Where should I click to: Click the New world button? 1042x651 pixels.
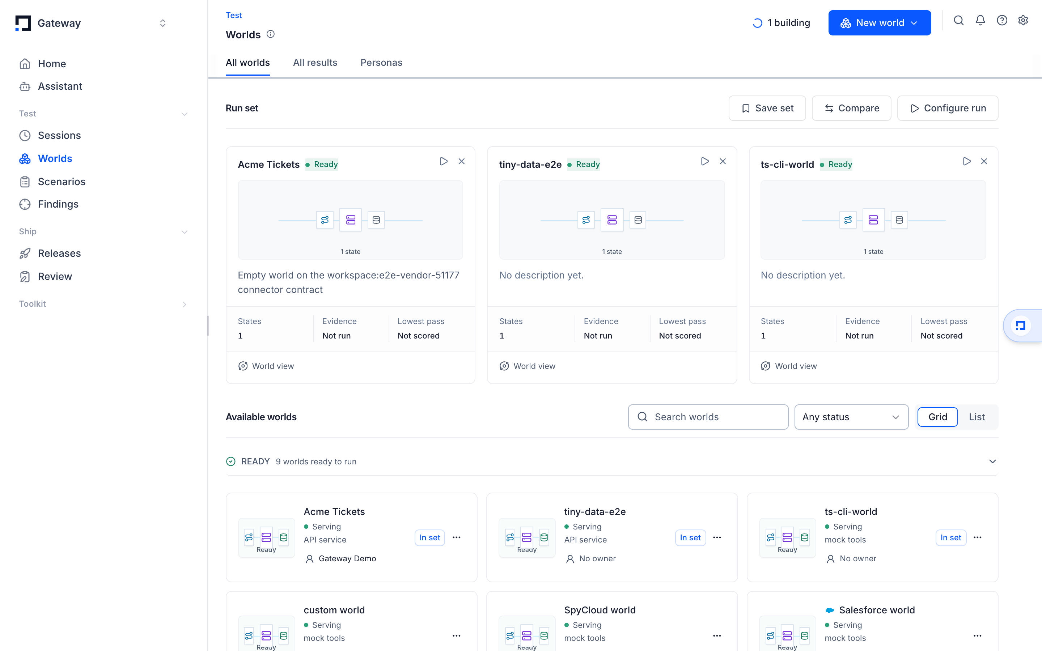(x=879, y=23)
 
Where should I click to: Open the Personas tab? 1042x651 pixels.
(x=381, y=63)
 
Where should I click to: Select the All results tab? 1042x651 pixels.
(x=315, y=63)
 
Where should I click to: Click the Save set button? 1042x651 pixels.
(x=767, y=108)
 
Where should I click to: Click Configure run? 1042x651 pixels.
(x=947, y=108)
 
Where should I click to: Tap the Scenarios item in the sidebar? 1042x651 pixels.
(x=62, y=182)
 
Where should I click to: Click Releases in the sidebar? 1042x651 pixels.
(x=59, y=253)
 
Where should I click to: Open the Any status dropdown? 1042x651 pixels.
(x=851, y=417)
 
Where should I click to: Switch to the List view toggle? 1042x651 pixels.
(x=977, y=417)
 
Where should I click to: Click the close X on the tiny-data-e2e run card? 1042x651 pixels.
(x=723, y=161)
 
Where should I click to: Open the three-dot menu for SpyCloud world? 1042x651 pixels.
(x=717, y=635)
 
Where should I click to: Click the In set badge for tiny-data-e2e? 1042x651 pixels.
(x=690, y=537)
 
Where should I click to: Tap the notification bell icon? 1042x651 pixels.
(x=980, y=21)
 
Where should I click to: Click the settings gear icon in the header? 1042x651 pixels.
(x=1023, y=21)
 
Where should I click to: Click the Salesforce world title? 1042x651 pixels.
(x=877, y=610)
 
